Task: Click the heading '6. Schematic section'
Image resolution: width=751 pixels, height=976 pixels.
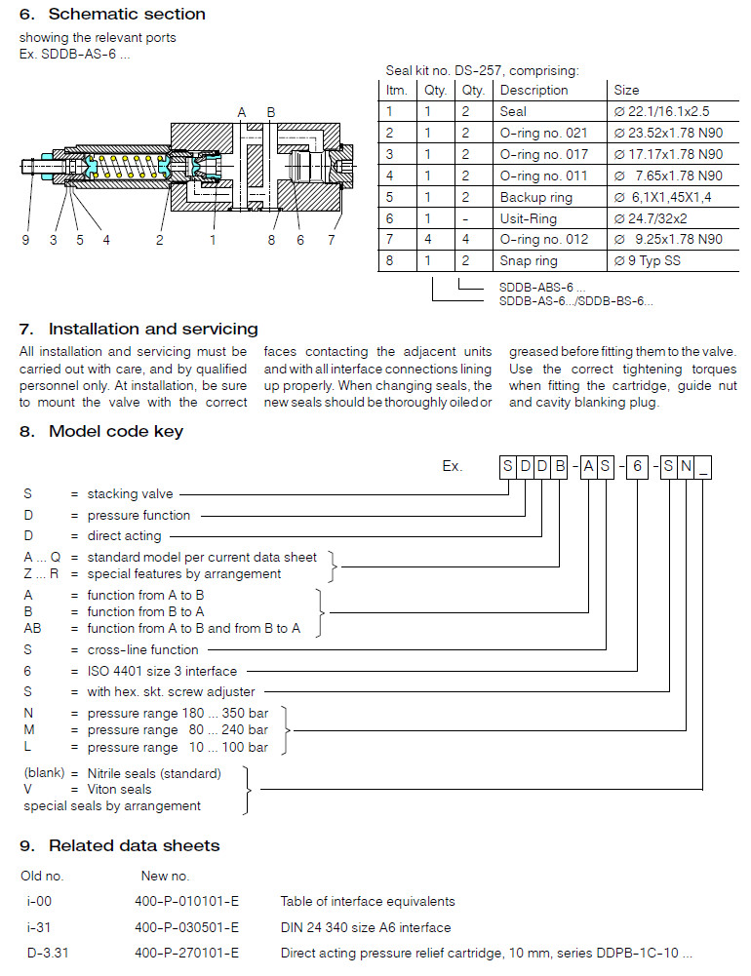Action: tap(112, 15)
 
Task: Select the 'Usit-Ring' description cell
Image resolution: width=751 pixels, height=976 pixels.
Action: tap(528, 218)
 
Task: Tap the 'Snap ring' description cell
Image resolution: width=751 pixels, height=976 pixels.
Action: tap(528, 261)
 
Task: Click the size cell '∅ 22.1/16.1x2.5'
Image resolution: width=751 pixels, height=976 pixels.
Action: tap(661, 111)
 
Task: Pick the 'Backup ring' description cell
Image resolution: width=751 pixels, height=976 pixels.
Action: tap(535, 197)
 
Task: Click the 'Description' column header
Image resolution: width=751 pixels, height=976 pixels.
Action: tap(534, 90)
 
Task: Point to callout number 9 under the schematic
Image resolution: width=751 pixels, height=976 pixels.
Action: tap(25, 240)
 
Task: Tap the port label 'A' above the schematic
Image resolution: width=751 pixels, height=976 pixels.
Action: tap(242, 112)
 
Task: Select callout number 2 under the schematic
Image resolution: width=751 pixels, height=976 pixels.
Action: tap(159, 240)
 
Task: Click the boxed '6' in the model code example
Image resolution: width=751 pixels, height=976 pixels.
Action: tap(635, 466)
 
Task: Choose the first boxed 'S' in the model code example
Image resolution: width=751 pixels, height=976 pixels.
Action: tap(508, 466)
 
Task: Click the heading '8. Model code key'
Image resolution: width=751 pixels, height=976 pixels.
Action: tap(101, 431)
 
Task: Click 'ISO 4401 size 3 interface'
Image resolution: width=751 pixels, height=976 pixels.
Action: tap(162, 671)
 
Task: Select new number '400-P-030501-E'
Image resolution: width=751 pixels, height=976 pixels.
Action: tap(186, 927)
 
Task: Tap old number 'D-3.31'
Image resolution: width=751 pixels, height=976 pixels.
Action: tap(42, 953)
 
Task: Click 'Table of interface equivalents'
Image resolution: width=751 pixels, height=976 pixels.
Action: tap(368, 901)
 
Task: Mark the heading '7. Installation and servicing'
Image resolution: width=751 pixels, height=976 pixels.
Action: tap(138, 329)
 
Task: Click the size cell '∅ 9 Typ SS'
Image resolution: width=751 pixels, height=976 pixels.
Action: tap(647, 261)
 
